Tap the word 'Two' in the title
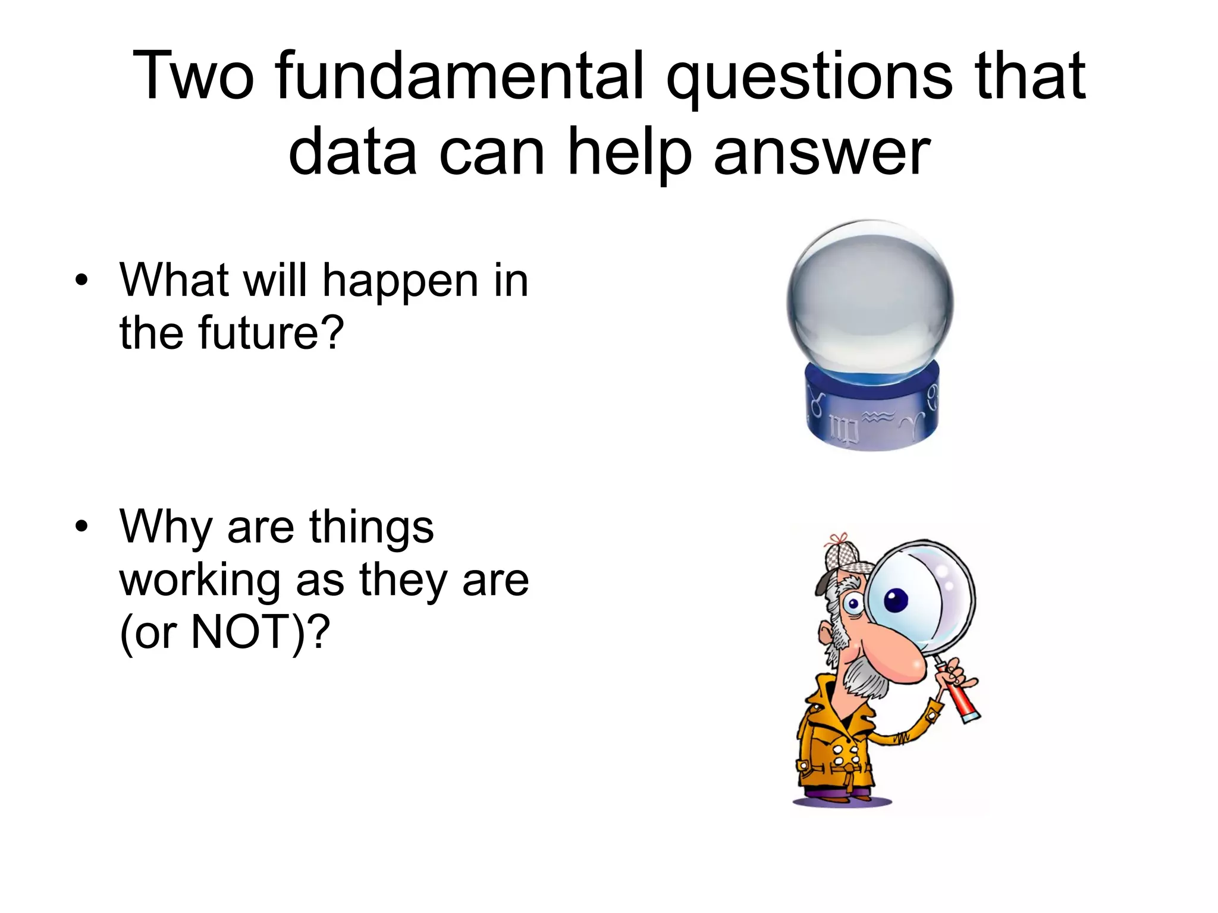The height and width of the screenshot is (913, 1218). click(194, 76)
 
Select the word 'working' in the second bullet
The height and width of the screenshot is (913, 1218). click(200, 581)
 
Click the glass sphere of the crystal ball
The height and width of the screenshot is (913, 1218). click(869, 297)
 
